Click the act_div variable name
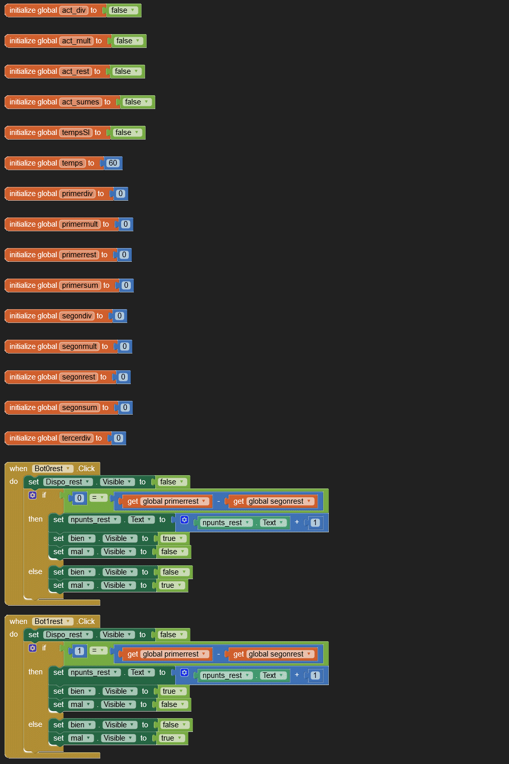pos(74,10)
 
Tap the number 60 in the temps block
pos(112,163)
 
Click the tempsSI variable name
pos(76,132)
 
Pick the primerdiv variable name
pos(77,194)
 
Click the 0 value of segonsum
pos(125,407)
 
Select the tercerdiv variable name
pos(76,438)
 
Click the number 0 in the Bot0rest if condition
pos(79,498)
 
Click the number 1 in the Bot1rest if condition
pos(79,651)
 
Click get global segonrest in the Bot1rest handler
pos(273,654)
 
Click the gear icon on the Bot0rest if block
pos(33,495)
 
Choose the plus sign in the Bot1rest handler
pos(297,675)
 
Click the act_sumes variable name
pos(80,102)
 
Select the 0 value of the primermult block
pos(126,224)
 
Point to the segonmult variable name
pos(79,346)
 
